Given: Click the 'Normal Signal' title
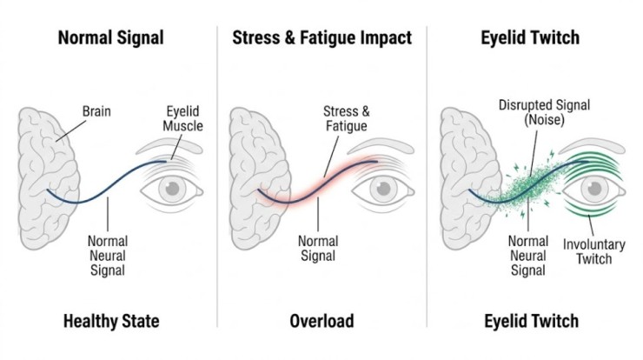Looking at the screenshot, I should [x=110, y=37].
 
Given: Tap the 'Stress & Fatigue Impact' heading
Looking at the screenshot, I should [x=321, y=37].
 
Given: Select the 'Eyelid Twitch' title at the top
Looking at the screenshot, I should [x=530, y=37].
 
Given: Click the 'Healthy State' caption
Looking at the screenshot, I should [x=110, y=321].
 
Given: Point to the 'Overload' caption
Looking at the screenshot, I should [x=321, y=321].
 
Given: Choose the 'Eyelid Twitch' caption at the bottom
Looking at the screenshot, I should [x=530, y=321].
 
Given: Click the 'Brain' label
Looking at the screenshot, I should [x=96, y=111].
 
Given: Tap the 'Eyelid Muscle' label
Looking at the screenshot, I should [x=182, y=119].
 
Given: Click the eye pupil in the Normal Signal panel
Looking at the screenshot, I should [x=175, y=188].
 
